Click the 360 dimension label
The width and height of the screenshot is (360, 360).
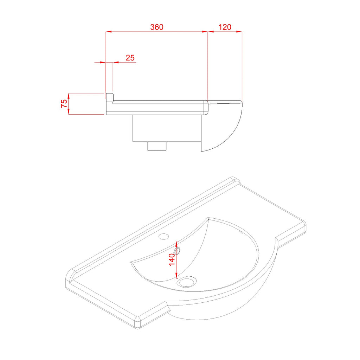pyautogui.click(x=157, y=27)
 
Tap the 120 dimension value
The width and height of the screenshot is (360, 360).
pyautogui.click(x=225, y=27)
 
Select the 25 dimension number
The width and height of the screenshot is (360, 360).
pyautogui.click(x=130, y=58)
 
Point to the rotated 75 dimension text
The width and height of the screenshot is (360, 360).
pyautogui.click(x=64, y=104)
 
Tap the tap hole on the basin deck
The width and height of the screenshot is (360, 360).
pyautogui.click(x=164, y=236)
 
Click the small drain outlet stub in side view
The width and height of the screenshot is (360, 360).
pyautogui.click(x=157, y=146)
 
